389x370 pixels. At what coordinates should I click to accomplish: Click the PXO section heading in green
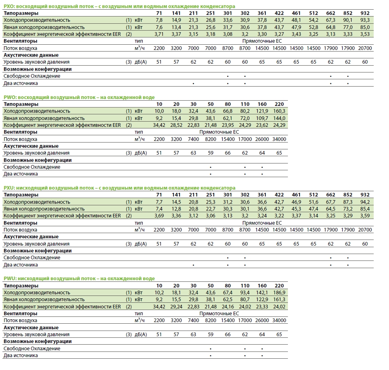(119, 6)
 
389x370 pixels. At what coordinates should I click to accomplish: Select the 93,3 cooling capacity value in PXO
(365, 20)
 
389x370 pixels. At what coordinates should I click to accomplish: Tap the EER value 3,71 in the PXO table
(159, 34)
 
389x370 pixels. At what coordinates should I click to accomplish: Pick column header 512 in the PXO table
(314, 13)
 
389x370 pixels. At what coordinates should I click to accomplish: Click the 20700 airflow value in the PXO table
(365, 48)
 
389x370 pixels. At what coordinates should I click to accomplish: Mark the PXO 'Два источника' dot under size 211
(194, 84)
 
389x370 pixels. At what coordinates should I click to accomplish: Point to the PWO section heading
(79, 97)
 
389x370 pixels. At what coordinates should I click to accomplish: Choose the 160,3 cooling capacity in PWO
(279, 111)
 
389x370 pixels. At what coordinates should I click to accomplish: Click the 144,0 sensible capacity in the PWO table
(279, 118)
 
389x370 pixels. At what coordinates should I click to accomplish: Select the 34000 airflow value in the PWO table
(279, 139)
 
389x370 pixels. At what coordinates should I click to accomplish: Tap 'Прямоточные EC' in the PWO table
(219, 132)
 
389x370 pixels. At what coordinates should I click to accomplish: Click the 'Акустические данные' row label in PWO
(31, 146)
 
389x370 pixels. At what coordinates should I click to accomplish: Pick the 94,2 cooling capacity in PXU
(365, 202)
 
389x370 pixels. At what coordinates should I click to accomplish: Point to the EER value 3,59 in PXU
(365, 216)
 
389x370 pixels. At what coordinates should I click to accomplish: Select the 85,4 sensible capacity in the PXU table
(365, 209)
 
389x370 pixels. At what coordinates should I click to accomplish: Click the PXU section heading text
(119, 188)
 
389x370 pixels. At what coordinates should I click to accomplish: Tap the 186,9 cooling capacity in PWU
(279, 293)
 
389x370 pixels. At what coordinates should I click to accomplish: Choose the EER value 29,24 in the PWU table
(176, 306)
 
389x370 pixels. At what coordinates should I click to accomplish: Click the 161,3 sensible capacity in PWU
(279, 300)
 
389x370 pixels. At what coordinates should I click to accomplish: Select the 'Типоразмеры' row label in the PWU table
(20, 285)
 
